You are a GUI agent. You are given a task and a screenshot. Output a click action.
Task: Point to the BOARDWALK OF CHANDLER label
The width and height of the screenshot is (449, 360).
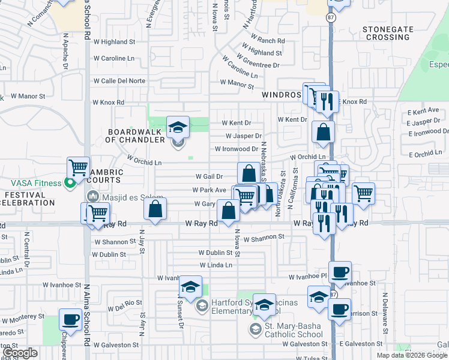(x=135, y=136)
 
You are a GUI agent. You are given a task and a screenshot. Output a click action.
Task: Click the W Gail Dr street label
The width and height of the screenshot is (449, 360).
(x=209, y=176)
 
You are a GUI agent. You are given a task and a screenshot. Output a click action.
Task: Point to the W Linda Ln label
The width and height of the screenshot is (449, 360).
(x=215, y=265)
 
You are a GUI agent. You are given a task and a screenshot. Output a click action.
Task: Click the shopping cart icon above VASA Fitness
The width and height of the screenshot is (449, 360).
(x=78, y=167)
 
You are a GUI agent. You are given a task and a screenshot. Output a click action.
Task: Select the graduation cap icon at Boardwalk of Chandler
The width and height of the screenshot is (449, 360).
(x=178, y=127)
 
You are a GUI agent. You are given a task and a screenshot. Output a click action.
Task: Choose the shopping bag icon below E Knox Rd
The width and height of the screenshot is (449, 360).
(x=323, y=133)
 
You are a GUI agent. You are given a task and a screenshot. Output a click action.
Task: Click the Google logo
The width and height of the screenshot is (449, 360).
(x=20, y=353)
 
